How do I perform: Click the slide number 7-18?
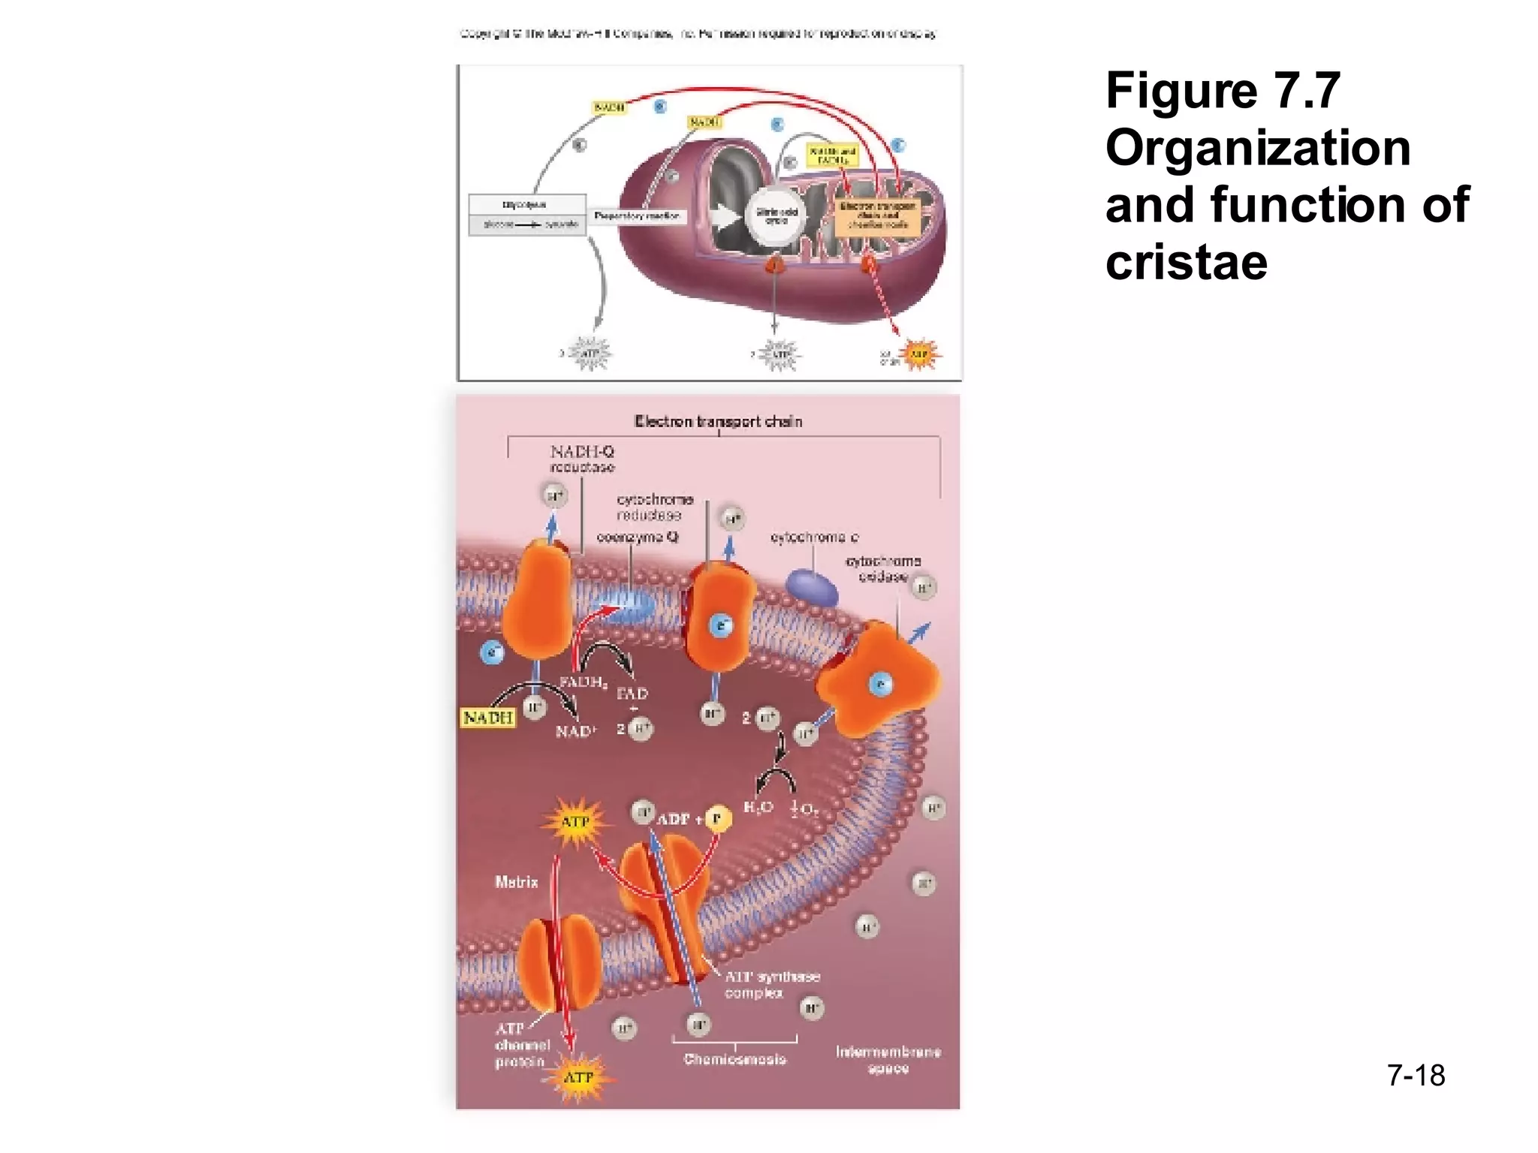[x=1416, y=1075]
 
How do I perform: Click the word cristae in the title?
[x=1186, y=262]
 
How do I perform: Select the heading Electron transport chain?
[x=718, y=421]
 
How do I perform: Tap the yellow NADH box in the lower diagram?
[x=488, y=718]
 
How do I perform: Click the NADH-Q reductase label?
[x=582, y=459]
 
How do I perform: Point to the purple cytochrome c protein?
[x=812, y=588]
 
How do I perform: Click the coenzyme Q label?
[x=638, y=537]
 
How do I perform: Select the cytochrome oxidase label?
[x=883, y=568]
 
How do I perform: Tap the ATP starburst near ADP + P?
[x=575, y=822]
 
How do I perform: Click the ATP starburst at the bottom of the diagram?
[x=578, y=1078]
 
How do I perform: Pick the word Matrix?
[x=517, y=882]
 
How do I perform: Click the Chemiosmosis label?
[x=734, y=1059]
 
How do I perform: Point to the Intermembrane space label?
[x=888, y=1059]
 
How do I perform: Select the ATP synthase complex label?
[x=771, y=984]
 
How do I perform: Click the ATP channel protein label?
[x=521, y=1045]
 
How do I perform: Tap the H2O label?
[x=758, y=808]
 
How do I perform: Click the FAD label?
[x=632, y=694]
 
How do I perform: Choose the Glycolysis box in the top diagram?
[x=526, y=205]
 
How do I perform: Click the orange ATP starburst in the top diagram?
[x=918, y=354]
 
